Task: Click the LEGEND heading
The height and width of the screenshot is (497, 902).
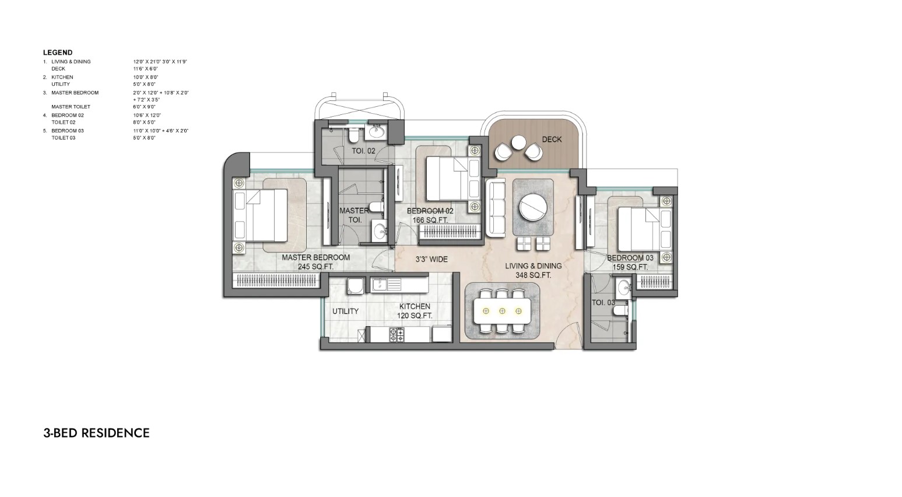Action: pyautogui.click(x=58, y=52)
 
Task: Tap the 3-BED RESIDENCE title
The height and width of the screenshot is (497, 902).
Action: pyautogui.click(x=96, y=433)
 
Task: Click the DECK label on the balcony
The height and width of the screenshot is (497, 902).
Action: pyautogui.click(x=552, y=139)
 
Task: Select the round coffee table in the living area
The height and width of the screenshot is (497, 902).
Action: pyautogui.click(x=533, y=207)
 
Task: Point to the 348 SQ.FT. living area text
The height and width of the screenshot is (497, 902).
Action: pyautogui.click(x=533, y=275)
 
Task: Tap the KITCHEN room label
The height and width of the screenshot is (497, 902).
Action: pyautogui.click(x=415, y=306)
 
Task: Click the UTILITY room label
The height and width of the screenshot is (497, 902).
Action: pyautogui.click(x=345, y=311)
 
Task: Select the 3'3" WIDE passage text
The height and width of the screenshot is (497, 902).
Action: pyautogui.click(x=431, y=259)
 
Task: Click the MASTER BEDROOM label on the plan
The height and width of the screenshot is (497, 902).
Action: pyautogui.click(x=315, y=257)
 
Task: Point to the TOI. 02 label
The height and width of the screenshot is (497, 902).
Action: pyautogui.click(x=363, y=151)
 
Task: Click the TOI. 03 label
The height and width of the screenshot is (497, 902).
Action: pyautogui.click(x=603, y=303)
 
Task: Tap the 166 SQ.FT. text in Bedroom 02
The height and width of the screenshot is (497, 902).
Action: pyautogui.click(x=430, y=220)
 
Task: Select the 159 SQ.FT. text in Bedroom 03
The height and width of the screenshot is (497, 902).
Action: pyautogui.click(x=630, y=267)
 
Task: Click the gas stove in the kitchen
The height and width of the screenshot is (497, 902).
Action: pyautogui.click(x=396, y=335)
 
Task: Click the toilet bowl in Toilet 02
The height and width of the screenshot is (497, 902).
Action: pyautogui.click(x=353, y=135)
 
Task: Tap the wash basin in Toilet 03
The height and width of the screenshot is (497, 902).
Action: pyautogui.click(x=624, y=287)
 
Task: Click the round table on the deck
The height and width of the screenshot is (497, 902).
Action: pyautogui.click(x=518, y=141)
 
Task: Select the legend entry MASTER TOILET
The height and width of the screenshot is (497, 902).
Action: pyautogui.click(x=71, y=107)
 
